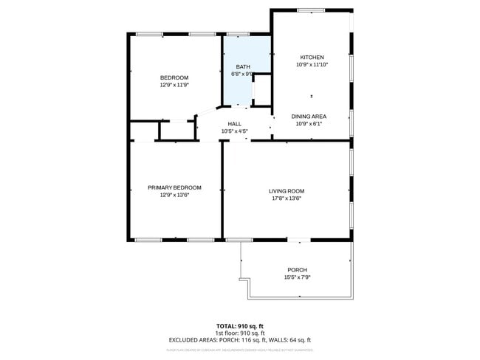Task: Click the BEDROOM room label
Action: pyautogui.click(x=174, y=77)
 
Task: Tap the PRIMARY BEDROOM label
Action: pyautogui.click(x=174, y=187)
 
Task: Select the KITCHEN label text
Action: pyautogui.click(x=311, y=57)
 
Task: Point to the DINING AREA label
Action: pyautogui.click(x=309, y=117)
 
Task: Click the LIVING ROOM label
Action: pyautogui.click(x=286, y=191)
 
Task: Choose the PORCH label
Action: pyautogui.click(x=297, y=270)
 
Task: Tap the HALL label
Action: pyautogui.click(x=234, y=124)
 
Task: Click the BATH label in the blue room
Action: pyautogui.click(x=243, y=66)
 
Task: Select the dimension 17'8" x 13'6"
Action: pyautogui.click(x=286, y=198)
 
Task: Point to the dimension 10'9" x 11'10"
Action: pyautogui.click(x=311, y=64)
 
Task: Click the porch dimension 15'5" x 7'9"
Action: pyautogui.click(x=297, y=277)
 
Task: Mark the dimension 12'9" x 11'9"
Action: pyautogui.click(x=174, y=85)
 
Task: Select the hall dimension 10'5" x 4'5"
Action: pyautogui.click(x=234, y=131)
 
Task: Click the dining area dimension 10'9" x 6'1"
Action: pyautogui.click(x=309, y=124)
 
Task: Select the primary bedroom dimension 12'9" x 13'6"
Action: pyautogui.click(x=174, y=195)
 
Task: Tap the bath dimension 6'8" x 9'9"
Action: pyautogui.click(x=243, y=74)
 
